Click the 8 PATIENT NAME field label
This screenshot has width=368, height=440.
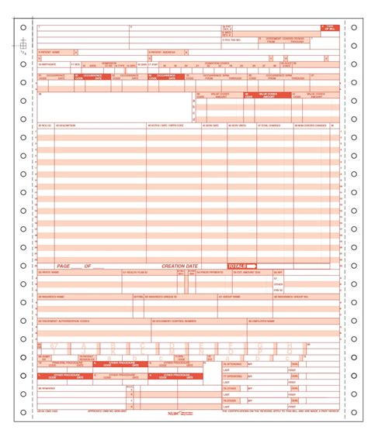(x=48, y=53)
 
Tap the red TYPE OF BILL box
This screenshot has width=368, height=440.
(x=330, y=28)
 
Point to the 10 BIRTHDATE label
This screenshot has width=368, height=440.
(x=49, y=65)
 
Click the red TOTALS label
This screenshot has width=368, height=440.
(x=238, y=266)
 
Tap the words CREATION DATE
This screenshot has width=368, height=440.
(x=179, y=266)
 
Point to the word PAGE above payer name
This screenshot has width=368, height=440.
(x=63, y=266)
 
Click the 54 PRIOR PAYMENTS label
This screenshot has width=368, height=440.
(x=210, y=273)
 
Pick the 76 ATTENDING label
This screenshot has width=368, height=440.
(x=233, y=363)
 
